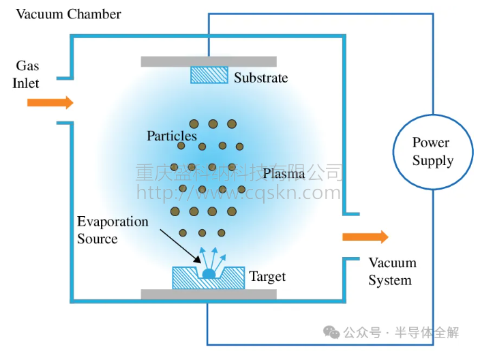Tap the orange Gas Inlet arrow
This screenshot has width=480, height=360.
(x=50, y=103)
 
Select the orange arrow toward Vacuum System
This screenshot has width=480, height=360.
(x=365, y=237)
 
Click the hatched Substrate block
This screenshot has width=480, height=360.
(x=209, y=75)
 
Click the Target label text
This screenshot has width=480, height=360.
(x=267, y=276)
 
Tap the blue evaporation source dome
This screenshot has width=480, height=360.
(x=209, y=273)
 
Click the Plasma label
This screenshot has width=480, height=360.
(x=284, y=173)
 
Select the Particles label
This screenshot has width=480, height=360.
(x=172, y=136)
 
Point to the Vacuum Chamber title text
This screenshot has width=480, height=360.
(x=68, y=14)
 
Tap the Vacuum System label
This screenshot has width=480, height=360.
(x=391, y=271)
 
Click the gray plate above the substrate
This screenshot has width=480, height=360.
(x=209, y=61)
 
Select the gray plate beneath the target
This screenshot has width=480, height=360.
(x=209, y=295)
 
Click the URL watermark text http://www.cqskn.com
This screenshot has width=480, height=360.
(x=238, y=193)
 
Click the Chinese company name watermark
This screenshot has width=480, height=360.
(x=238, y=172)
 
